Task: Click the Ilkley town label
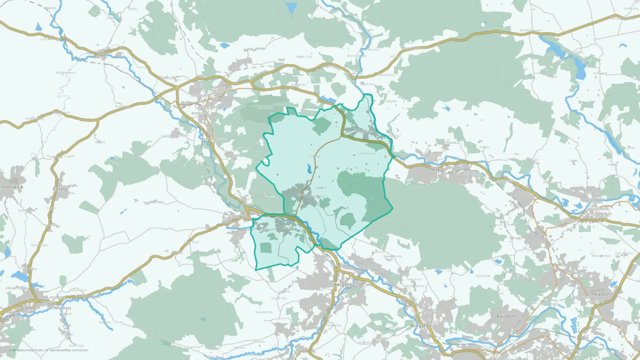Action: [x=436, y=169]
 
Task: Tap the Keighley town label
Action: [x=344, y=284]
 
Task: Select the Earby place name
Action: [x=60, y=189]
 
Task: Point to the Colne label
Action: [x=28, y=308]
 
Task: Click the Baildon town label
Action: [x=506, y=316]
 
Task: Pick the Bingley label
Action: [x=420, y=325]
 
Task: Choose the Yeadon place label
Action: [x=601, y=294]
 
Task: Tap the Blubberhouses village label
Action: [x=531, y=30]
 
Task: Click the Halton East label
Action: [x=304, y=57]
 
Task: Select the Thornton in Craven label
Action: [x=60, y=156]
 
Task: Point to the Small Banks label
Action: [x=366, y=154]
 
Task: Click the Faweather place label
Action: [x=483, y=276]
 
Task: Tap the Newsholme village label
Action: [x=264, y=312]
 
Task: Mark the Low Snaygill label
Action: [x=214, y=140]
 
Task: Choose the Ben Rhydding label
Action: [x=468, y=173]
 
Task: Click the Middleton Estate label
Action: [x=431, y=157]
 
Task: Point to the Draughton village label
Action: [x=299, y=84]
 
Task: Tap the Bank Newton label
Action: [x=66, y=73]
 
